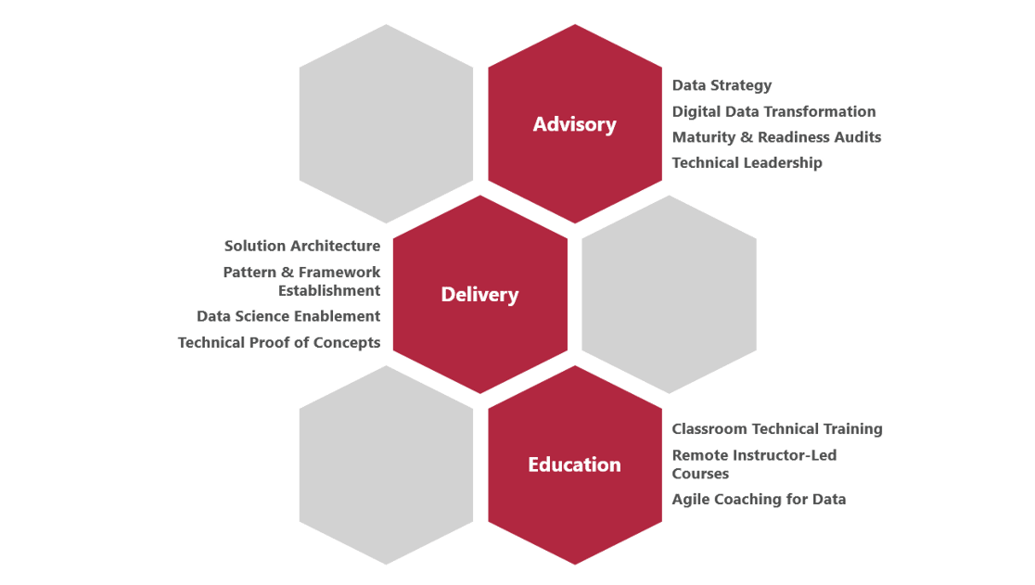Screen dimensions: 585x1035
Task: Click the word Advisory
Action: pyautogui.click(x=574, y=124)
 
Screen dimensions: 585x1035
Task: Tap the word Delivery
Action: pyautogui.click(x=479, y=295)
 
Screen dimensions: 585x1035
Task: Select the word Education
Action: pyautogui.click(x=574, y=464)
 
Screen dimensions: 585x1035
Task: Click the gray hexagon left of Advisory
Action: pyautogui.click(x=386, y=124)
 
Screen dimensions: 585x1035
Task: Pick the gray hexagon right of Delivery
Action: pyautogui.click(x=669, y=295)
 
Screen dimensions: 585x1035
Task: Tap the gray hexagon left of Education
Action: pyautogui.click(x=386, y=464)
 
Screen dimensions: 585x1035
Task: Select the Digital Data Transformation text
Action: pyautogui.click(x=774, y=111)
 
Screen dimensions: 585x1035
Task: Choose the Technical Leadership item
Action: pyautogui.click(x=747, y=163)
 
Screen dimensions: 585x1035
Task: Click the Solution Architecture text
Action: pyautogui.click(x=302, y=247)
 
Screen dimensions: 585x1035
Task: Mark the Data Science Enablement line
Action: pyautogui.click(x=288, y=316)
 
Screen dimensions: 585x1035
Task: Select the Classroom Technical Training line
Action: pyautogui.click(x=777, y=429)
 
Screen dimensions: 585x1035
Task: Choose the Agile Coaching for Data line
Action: pyautogui.click(x=760, y=499)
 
